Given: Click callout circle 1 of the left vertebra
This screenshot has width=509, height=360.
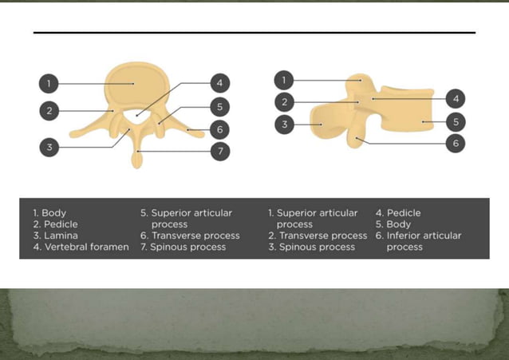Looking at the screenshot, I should [x=49, y=83].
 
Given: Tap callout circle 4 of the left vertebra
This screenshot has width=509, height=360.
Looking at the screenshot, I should [x=219, y=83].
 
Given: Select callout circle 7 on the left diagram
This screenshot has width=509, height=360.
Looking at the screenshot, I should [x=219, y=150].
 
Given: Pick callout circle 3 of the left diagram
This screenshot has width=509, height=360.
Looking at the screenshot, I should [x=49, y=147].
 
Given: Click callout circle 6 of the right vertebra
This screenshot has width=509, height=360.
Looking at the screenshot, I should [x=455, y=143].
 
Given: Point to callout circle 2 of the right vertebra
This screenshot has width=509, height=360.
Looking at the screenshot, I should [x=284, y=101].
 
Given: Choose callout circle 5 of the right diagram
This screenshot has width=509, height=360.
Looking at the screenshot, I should [x=455, y=122].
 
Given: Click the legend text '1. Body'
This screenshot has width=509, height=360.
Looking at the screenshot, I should [x=49, y=213].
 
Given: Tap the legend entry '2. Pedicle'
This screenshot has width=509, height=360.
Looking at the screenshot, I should [x=55, y=224].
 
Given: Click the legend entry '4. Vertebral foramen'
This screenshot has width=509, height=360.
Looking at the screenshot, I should [x=81, y=247].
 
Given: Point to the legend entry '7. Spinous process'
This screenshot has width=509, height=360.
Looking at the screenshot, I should [x=183, y=247].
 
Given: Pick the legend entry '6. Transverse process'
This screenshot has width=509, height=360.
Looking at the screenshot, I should [x=190, y=235].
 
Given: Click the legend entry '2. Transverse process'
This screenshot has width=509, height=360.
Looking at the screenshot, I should [x=318, y=235].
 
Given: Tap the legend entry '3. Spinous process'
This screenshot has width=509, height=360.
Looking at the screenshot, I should [x=311, y=247].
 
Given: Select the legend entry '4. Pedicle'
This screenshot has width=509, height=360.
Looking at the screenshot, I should [x=398, y=213].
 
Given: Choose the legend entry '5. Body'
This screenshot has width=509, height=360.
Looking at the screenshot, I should [x=393, y=224].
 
